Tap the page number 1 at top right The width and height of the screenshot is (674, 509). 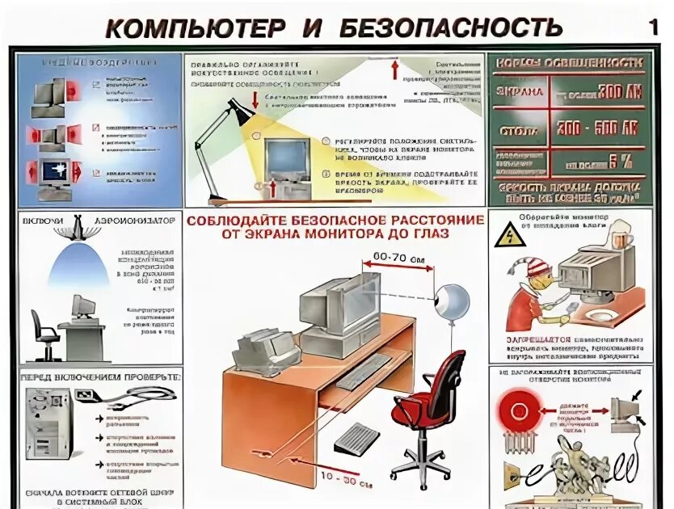(653, 26)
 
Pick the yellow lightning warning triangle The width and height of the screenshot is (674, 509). (510, 235)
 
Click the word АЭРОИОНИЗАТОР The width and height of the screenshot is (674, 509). (135, 219)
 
